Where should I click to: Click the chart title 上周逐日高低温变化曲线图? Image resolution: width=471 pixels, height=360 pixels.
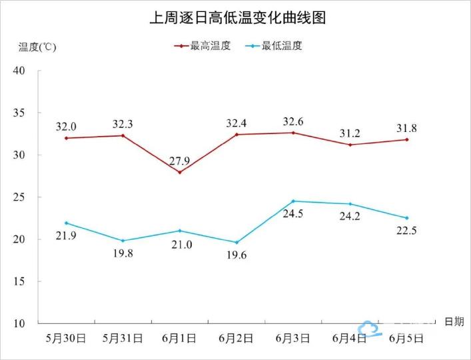pyautogui.click(x=236, y=18)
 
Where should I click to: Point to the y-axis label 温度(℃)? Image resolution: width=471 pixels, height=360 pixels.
pyautogui.click(x=37, y=47)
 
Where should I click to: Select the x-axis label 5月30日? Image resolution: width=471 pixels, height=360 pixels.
pyautogui.click(x=66, y=338)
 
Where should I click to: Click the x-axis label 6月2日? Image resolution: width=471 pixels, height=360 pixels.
pyautogui.click(x=236, y=338)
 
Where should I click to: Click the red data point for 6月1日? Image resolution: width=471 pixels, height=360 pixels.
pyautogui.click(x=179, y=173)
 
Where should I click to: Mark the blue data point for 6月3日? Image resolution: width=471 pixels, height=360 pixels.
pyautogui.click(x=293, y=201)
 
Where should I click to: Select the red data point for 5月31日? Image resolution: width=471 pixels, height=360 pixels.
pyautogui.click(x=123, y=135)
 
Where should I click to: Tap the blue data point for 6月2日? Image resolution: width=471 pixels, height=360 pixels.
pyautogui.click(x=236, y=243)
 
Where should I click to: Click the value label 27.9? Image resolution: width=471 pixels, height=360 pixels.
pyautogui.click(x=179, y=159)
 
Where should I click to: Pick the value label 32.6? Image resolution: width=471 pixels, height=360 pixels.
pyautogui.click(x=293, y=121)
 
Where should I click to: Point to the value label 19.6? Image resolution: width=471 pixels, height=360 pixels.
pyautogui.click(x=236, y=255)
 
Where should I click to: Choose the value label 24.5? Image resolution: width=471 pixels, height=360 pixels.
pyautogui.click(x=293, y=215)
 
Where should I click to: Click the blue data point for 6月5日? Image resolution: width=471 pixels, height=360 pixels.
pyautogui.click(x=406, y=218)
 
